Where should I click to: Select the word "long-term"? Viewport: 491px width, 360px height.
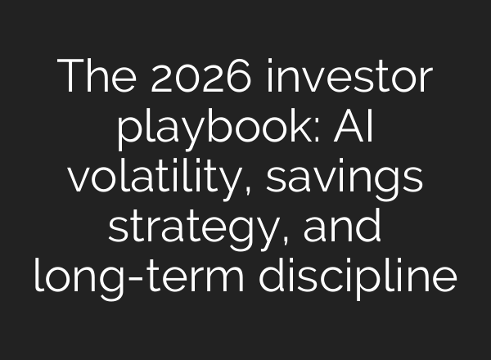pyautogui.click(x=137, y=277)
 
